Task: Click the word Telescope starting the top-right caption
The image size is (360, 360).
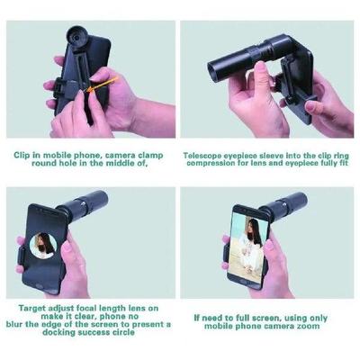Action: [207, 155]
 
